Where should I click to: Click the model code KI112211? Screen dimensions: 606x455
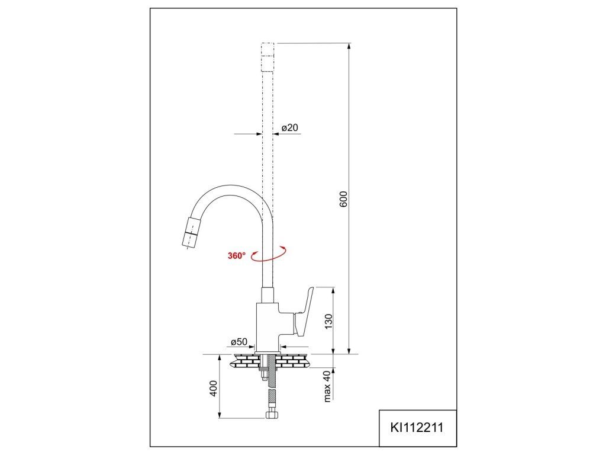click(x=417, y=428)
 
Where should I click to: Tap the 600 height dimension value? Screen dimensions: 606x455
click(x=344, y=199)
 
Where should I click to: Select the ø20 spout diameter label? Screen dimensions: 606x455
click(x=290, y=128)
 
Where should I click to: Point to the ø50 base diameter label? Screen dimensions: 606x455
click(x=239, y=342)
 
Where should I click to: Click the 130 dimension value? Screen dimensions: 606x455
click(x=328, y=321)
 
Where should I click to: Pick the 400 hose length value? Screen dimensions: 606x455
click(x=214, y=388)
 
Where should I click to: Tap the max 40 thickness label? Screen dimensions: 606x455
click(x=327, y=387)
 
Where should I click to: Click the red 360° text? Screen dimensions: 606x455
click(x=237, y=256)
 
